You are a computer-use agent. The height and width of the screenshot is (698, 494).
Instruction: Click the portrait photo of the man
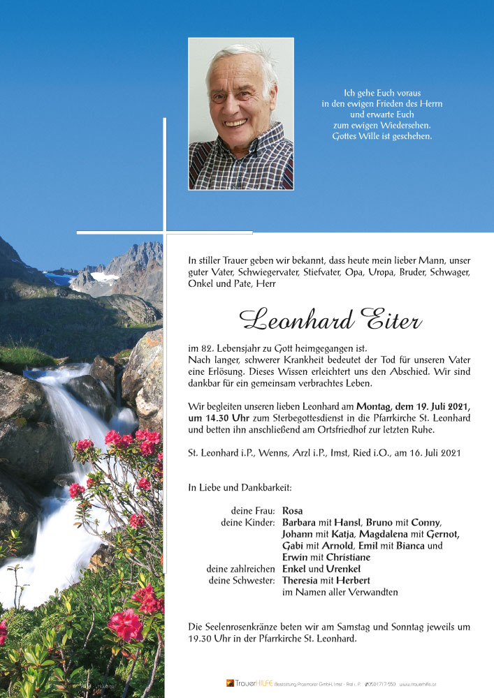coord(241,114)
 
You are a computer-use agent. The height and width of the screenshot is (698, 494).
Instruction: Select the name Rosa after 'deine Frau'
coord(293,511)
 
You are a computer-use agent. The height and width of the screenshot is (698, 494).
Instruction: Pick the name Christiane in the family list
coord(347,558)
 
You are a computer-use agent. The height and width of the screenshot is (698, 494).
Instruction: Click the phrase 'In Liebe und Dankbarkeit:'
coord(240,488)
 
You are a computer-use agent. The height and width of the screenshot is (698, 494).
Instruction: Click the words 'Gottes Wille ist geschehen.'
coord(382,136)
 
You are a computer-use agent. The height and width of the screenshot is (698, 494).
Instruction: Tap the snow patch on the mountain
coord(105,276)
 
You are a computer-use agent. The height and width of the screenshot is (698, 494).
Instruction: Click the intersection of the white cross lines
coord(165,232)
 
